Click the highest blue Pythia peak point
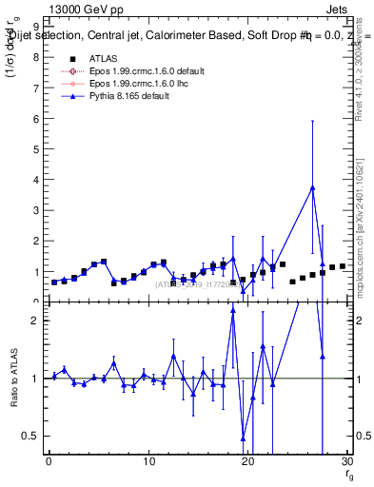[312, 187]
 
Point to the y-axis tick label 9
[36, 28]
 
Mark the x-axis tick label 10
[148, 461]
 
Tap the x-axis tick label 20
[248, 461]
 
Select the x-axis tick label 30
[347, 461]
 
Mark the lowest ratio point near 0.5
[243, 438]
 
